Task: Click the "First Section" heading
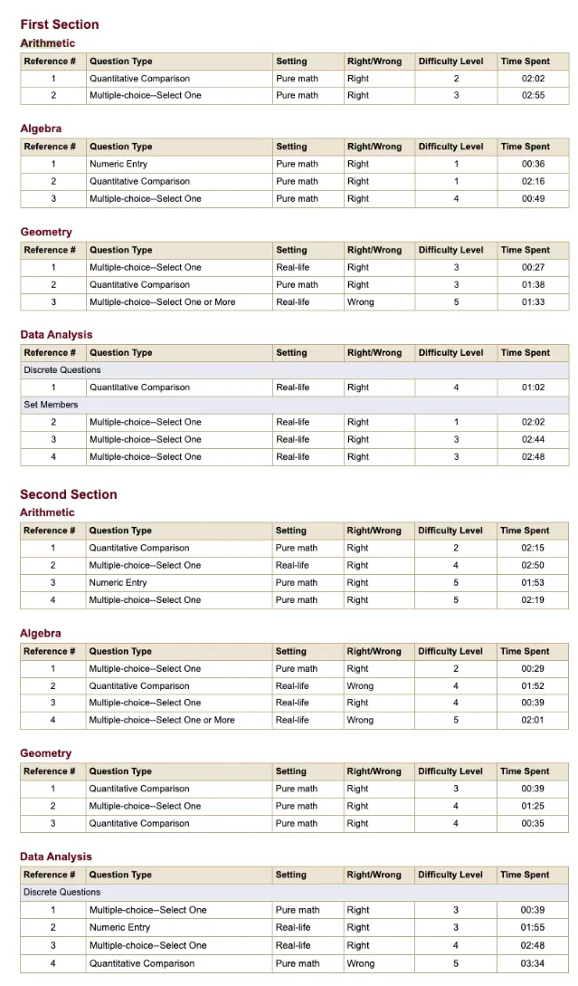[x=60, y=24]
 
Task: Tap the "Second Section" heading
[x=69, y=494]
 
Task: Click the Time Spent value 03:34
[x=533, y=963]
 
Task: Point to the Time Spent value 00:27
[x=533, y=267]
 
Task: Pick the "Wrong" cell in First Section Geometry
[x=360, y=302]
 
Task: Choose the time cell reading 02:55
[x=533, y=95]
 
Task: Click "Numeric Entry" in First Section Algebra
[x=118, y=164]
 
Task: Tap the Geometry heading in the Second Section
[x=46, y=753]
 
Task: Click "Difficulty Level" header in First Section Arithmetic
[x=451, y=62]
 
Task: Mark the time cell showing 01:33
[x=533, y=302]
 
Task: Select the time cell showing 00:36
[x=533, y=164]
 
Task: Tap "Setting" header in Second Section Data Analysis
[x=290, y=875]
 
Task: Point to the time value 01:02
[x=533, y=388]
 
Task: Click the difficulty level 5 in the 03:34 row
[x=456, y=963]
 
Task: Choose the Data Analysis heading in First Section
[x=56, y=335]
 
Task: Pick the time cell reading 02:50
[x=533, y=565]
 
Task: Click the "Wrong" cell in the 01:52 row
[x=360, y=685]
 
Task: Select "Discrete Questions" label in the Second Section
[x=62, y=892]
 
